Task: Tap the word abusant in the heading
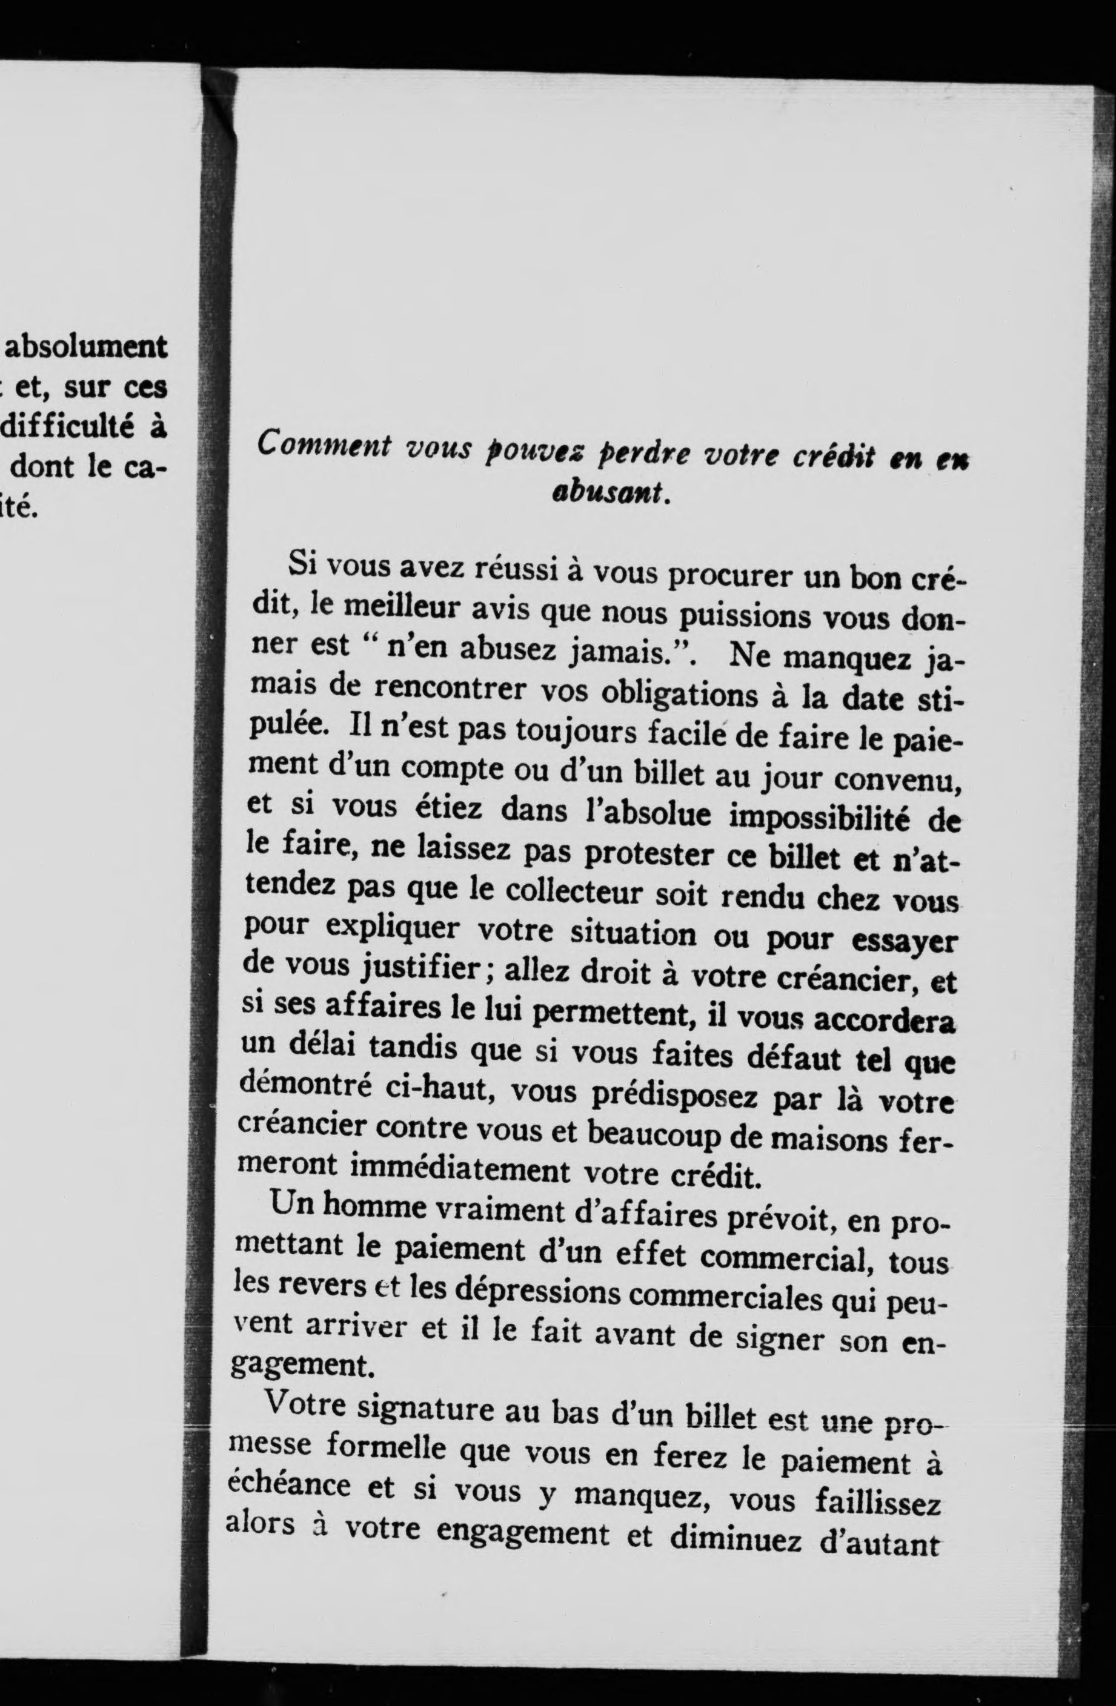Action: [608, 492]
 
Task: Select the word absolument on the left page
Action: [86, 347]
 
